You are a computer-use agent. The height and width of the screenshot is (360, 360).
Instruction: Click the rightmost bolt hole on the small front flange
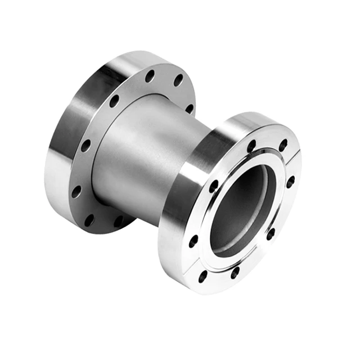click(290, 181)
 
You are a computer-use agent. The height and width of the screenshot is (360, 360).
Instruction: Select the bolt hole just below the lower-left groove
click(202, 277)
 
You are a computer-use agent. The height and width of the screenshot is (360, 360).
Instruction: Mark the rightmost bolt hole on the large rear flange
click(190, 107)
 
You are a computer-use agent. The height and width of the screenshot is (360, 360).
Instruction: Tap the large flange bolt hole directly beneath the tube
click(119, 221)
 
